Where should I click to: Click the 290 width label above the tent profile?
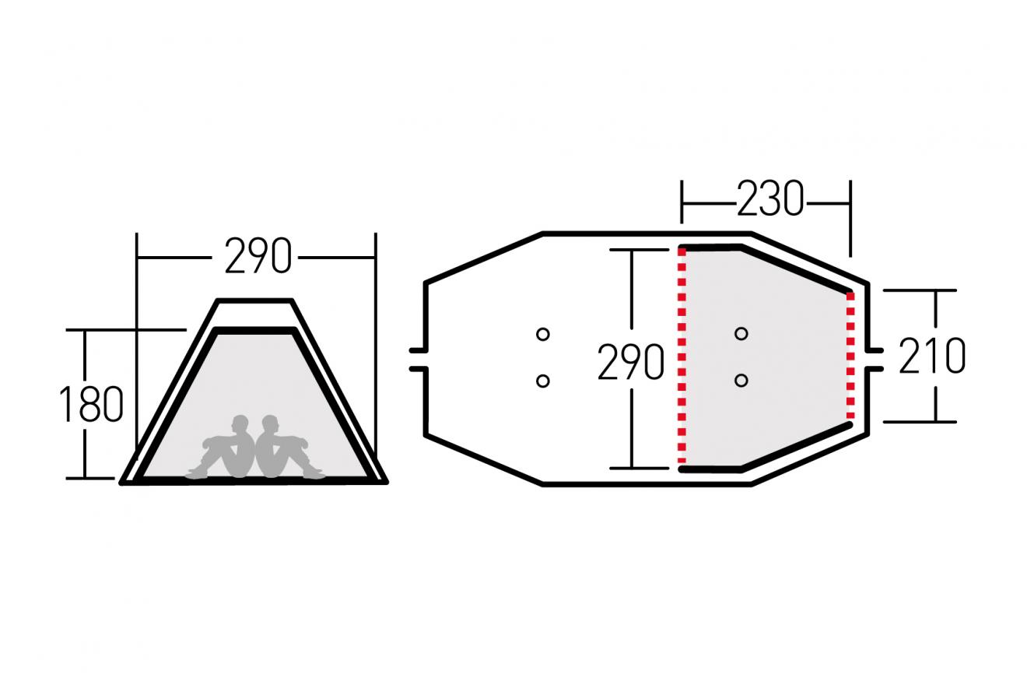click(x=258, y=256)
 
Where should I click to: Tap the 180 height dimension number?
click(x=91, y=404)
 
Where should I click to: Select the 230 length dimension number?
click(x=770, y=198)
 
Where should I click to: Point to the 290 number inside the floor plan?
click(x=631, y=362)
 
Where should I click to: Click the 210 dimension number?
click(x=931, y=356)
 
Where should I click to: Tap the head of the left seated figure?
click(x=240, y=424)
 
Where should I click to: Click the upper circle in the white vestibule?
click(x=543, y=334)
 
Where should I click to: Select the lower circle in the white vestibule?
click(x=543, y=381)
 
